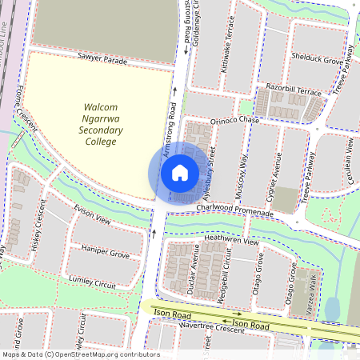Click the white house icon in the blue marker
coord(180,172)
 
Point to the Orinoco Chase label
coord(235,120)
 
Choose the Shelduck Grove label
coord(317,60)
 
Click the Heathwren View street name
coord(232,240)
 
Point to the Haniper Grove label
coord(106,254)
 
